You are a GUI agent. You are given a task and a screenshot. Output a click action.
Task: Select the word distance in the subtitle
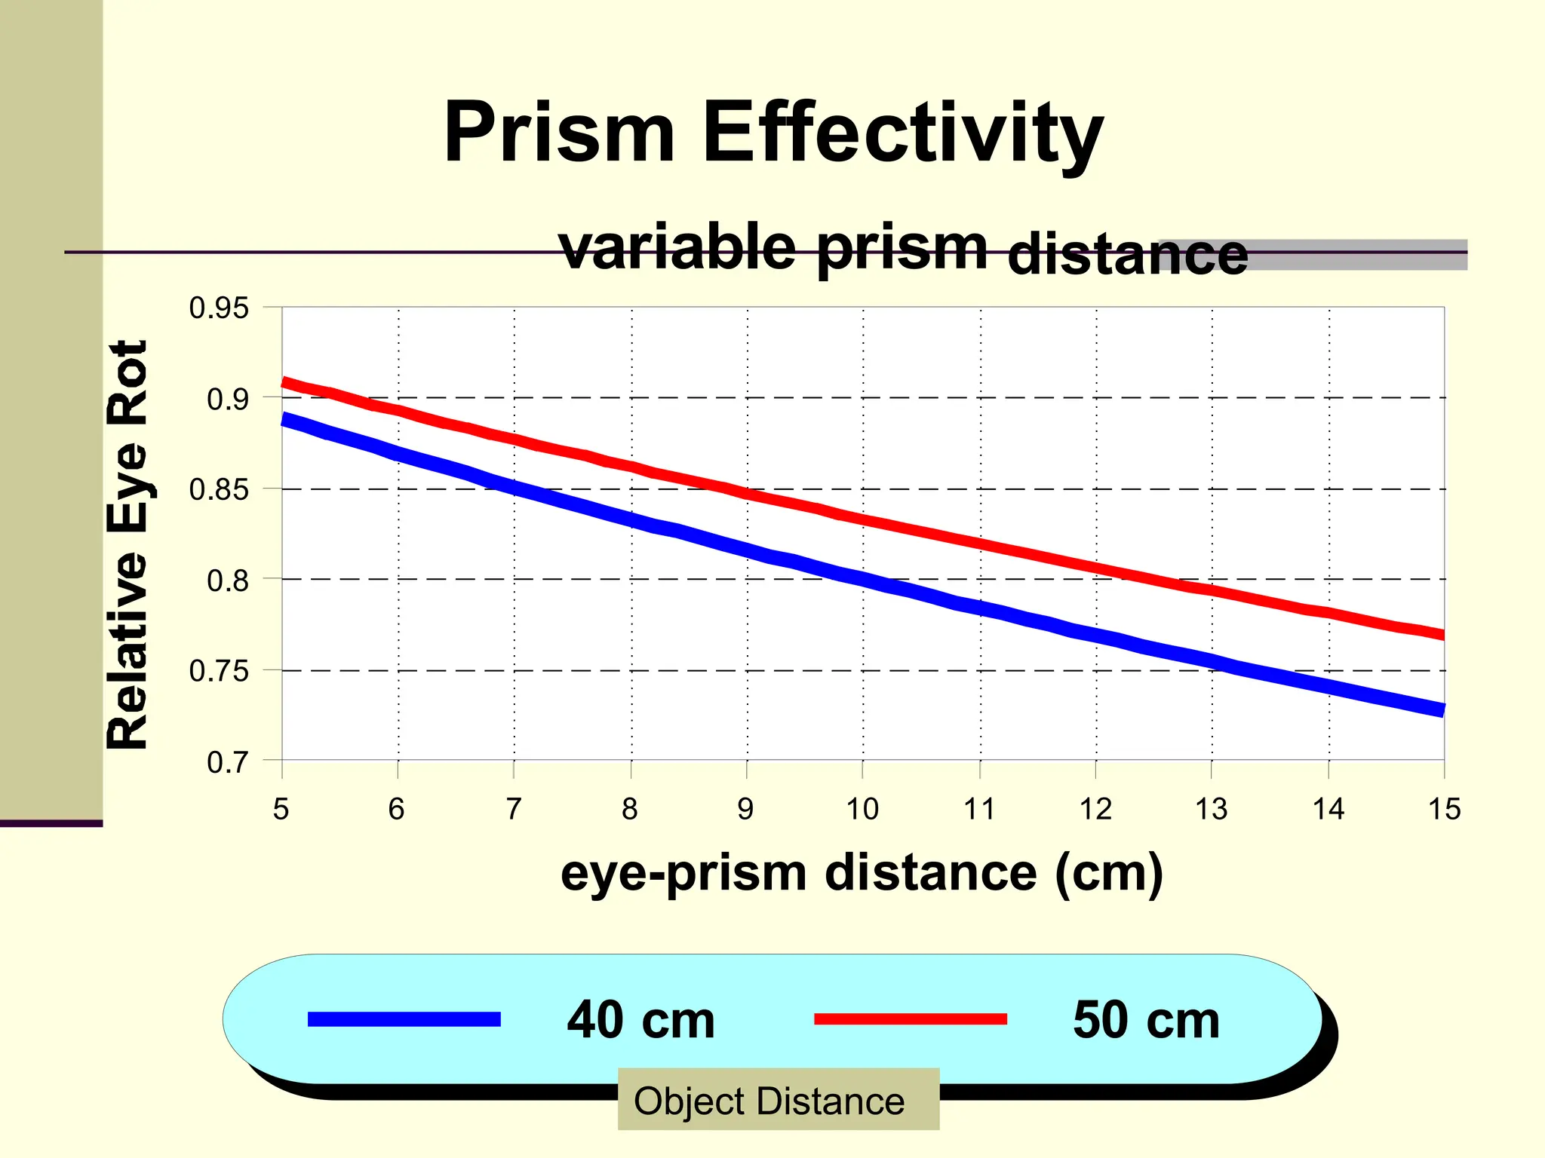click(x=1127, y=254)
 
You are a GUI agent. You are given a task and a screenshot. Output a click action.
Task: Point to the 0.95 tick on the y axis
click(x=218, y=308)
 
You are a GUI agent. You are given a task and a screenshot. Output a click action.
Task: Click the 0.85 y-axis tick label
click(x=218, y=489)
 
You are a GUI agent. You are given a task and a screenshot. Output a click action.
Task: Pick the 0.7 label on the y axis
click(x=227, y=762)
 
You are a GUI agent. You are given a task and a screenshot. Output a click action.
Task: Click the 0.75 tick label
click(x=218, y=670)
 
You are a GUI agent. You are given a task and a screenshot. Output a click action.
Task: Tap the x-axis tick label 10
click(x=862, y=809)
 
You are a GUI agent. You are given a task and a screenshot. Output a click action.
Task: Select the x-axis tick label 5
click(x=281, y=809)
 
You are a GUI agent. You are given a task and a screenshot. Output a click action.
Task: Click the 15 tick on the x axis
click(x=1444, y=809)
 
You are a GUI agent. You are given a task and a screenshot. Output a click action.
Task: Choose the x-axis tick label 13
click(x=1212, y=809)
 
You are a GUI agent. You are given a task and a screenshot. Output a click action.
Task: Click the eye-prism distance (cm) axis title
click(x=862, y=872)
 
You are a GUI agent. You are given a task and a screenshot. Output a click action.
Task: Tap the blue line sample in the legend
click(x=404, y=1019)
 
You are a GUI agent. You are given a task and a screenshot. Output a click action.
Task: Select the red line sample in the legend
click(x=910, y=1019)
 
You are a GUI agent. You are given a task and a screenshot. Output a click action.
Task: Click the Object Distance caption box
click(x=778, y=1100)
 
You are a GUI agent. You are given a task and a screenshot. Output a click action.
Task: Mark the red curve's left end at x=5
click(x=284, y=383)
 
